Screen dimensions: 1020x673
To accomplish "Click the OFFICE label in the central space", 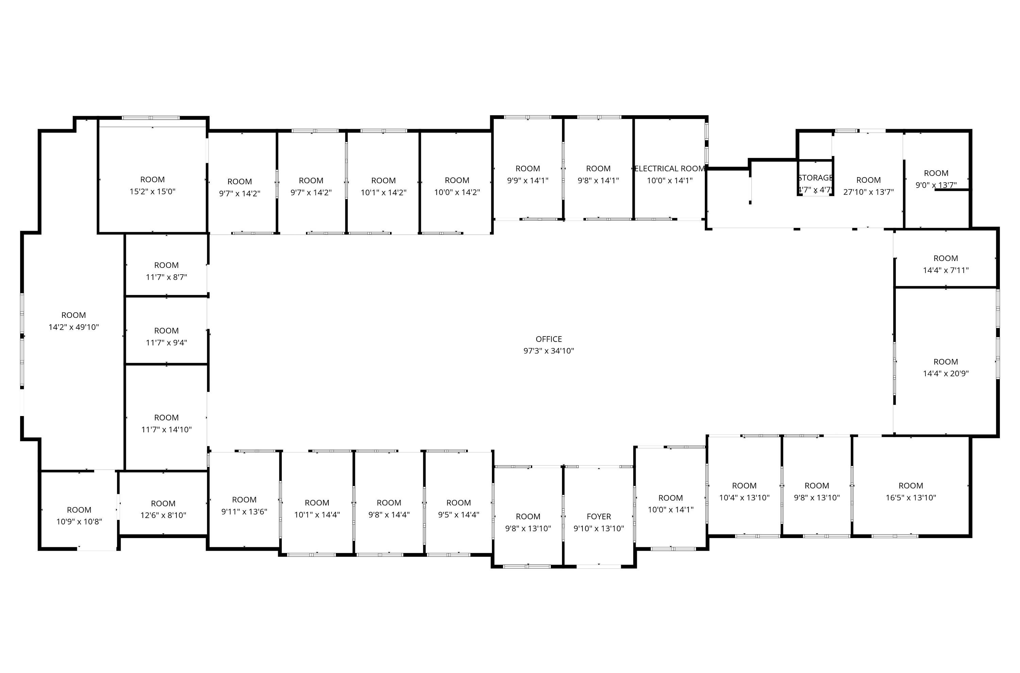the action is tap(549, 339).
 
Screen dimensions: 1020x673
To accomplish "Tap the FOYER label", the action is tap(599, 517).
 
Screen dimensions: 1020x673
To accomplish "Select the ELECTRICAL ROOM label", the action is tap(670, 169).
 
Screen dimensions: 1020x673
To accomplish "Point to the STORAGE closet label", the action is tap(815, 178).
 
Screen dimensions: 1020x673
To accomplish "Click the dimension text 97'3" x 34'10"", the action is tap(549, 351).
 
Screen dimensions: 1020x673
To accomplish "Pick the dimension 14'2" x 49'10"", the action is tap(74, 327).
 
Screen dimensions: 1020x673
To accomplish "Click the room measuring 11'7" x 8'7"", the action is tap(167, 265).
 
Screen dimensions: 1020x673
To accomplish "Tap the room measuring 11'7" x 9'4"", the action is tap(167, 330).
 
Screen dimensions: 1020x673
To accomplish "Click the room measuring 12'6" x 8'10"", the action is tap(163, 503).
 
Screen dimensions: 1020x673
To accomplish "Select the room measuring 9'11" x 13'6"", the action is tap(244, 500).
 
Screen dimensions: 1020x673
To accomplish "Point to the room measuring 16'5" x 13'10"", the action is tap(911, 486).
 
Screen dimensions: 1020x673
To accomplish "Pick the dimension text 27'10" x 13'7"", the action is tap(868, 192).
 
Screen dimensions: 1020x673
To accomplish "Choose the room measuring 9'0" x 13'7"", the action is tap(936, 173).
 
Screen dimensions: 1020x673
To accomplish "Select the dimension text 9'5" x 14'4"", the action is tap(458, 515).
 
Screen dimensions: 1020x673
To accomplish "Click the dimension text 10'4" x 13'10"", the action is tap(744, 498).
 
